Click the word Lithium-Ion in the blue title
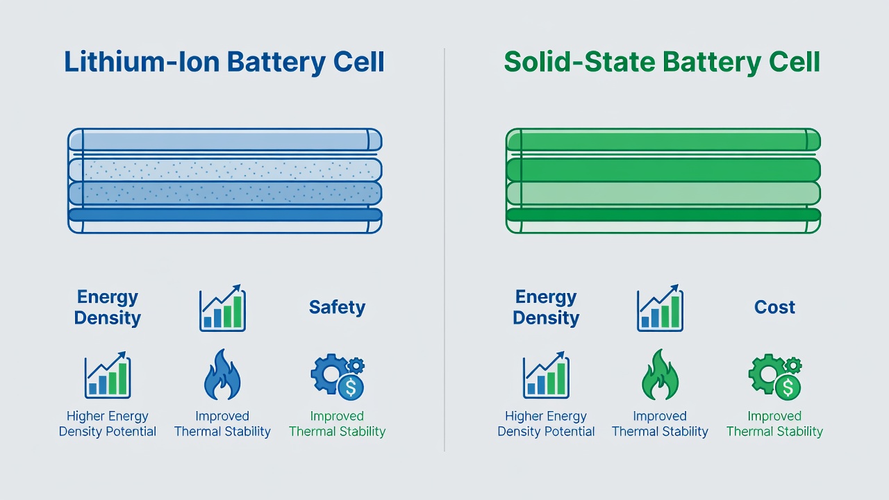tap(142, 62)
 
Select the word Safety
tap(337, 308)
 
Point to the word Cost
tap(774, 307)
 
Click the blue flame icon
tap(222, 374)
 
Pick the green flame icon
tap(660, 374)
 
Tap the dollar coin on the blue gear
tap(351, 387)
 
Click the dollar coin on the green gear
tap(788, 387)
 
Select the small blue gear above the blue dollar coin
tap(356, 365)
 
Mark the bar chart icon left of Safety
tap(222, 308)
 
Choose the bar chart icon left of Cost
tap(660, 308)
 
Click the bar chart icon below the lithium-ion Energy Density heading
tap(108, 375)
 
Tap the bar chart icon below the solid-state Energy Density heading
tap(546, 375)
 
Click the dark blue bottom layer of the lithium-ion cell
tap(225, 215)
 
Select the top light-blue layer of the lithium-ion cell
tap(225, 140)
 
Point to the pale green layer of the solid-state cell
tap(663, 194)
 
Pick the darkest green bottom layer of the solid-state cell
tap(663, 215)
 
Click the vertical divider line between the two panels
tap(444, 250)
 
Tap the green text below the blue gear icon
tap(337, 424)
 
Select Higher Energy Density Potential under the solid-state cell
tap(546, 424)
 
